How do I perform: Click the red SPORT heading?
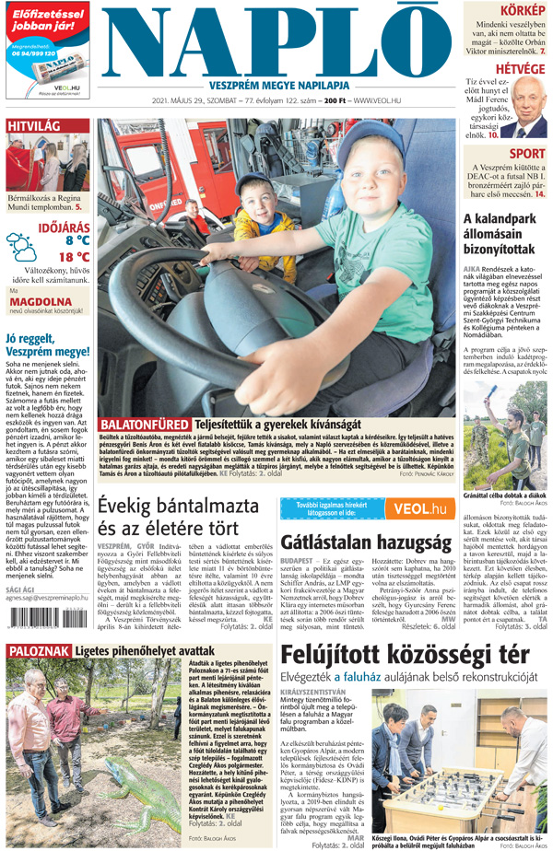coord(526,154)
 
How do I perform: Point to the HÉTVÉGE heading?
coord(520,69)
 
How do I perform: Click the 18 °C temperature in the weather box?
coord(74,256)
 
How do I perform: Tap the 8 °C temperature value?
coord(77,239)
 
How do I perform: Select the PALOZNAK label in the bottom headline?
coord(35,651)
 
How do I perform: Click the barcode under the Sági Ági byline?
coord(46,629)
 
